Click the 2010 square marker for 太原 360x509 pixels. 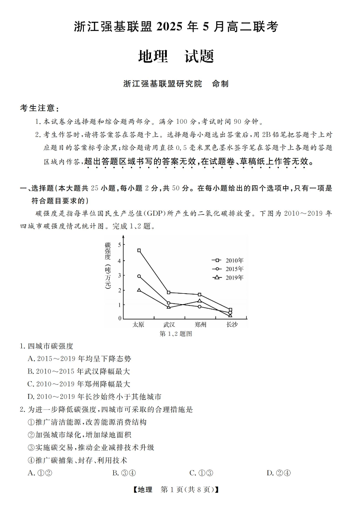139,250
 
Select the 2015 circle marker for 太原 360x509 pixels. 139,276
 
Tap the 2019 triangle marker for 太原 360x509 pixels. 139,290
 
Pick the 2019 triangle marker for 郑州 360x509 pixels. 199,301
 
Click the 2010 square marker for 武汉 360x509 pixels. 169,292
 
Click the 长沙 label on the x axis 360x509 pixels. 231,325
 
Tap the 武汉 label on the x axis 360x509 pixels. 169,325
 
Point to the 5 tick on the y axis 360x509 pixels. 120,245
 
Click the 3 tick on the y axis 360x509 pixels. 120,275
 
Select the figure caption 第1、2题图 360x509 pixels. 176,334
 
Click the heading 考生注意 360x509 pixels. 39,108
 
